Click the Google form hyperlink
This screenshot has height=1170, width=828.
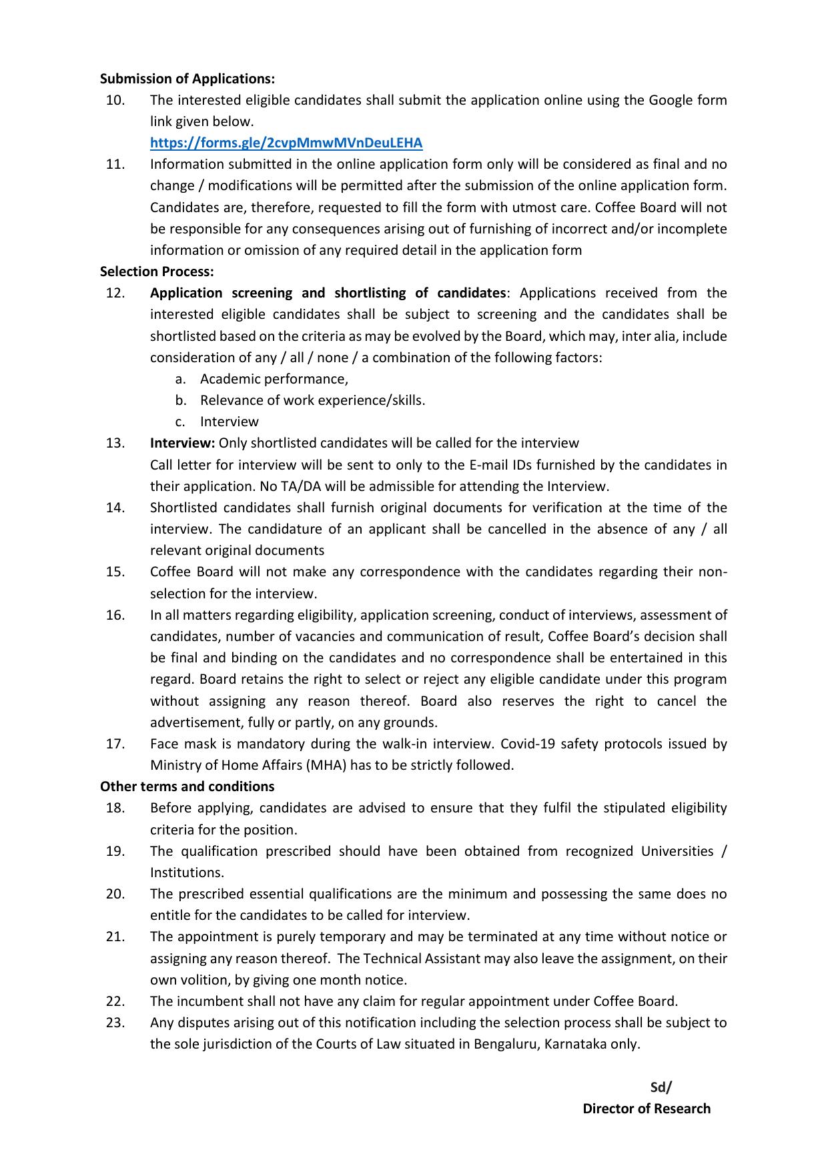point(286,143)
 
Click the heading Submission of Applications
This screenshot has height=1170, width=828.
point(187,79)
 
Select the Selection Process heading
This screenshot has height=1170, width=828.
point(157,271)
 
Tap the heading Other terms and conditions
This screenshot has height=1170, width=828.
point(187,786)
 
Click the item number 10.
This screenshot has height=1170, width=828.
point(115,100)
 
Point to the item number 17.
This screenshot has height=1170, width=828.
point(115,744)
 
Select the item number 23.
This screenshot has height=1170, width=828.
point(115,1023)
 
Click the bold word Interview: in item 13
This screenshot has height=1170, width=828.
point(182,444)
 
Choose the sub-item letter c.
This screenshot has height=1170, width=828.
point(179,422)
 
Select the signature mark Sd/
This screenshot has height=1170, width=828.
point(661,1087)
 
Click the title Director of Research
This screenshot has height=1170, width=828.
point(647,1109)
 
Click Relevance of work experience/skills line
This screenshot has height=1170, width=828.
point(312,400)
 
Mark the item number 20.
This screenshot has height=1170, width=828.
point(115,894)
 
